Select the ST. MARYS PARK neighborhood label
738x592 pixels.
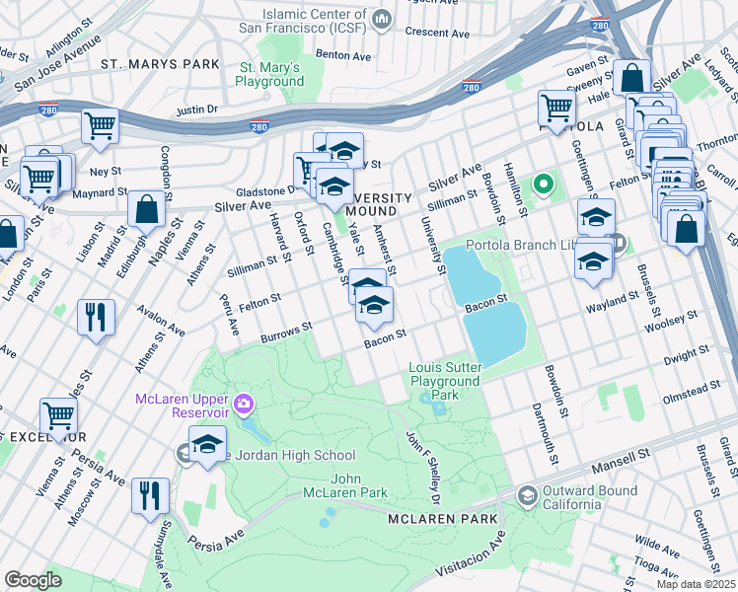pyautogui.click(x=160, y=64)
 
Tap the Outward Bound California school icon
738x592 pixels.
pyautogui.click(x=527, y=493)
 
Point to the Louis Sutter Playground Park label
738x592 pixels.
pyautogui.click(x=445, y=381)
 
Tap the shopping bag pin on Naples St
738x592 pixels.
pyautogui.click(x=146, y=208)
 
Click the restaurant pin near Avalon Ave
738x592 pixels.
pyautogui.click(x=96, y=317)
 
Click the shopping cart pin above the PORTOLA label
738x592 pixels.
pyautogui.click(x=557, y=107)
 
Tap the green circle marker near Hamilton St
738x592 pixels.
pyautogui.click(x=541, y=184)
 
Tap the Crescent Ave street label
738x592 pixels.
pyautogui.click(x=428, y=32)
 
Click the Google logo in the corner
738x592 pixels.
pyautogui.click(x=33, y=580)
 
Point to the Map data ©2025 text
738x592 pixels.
pyautogui.click(x=695, y=584)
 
